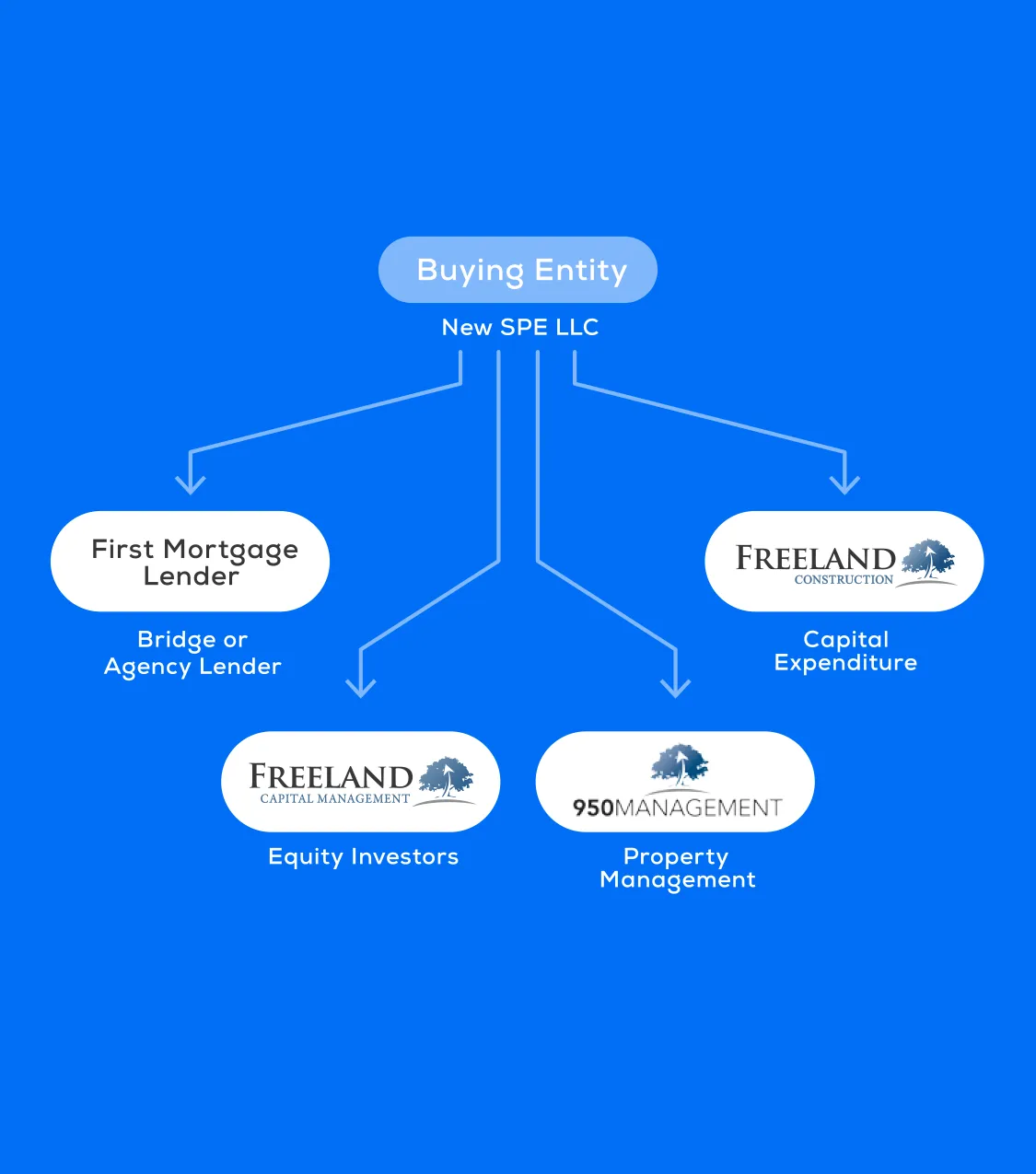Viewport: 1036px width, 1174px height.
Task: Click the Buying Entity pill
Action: click(518, 270)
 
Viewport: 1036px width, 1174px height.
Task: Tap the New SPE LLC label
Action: click(520, 328)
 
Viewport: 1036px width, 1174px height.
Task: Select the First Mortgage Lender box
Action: click(190, 562)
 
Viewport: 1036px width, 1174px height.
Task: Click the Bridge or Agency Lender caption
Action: click(192, 653)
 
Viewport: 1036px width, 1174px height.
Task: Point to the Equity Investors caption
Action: click(363, 857)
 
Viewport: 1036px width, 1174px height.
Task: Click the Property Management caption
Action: click(677, 868)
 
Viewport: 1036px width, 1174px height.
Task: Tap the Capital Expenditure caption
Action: click(845, 651)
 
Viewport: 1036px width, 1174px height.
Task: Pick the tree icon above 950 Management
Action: click(679, 764)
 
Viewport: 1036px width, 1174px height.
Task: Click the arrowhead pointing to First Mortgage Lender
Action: click(191, 484)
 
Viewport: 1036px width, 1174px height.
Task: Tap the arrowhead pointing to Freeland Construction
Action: click(844, 484)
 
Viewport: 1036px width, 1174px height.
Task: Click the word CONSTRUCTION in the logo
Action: click(844, 580)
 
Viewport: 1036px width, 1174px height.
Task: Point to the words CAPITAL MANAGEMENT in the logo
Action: click(334, 799)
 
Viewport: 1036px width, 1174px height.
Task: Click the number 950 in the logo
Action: click(593, 808)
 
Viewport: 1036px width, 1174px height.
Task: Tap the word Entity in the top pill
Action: click(580, 270)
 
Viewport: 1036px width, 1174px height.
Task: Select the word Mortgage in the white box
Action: click(230, 551)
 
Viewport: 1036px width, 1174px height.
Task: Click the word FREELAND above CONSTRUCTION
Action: click(815, 558)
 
